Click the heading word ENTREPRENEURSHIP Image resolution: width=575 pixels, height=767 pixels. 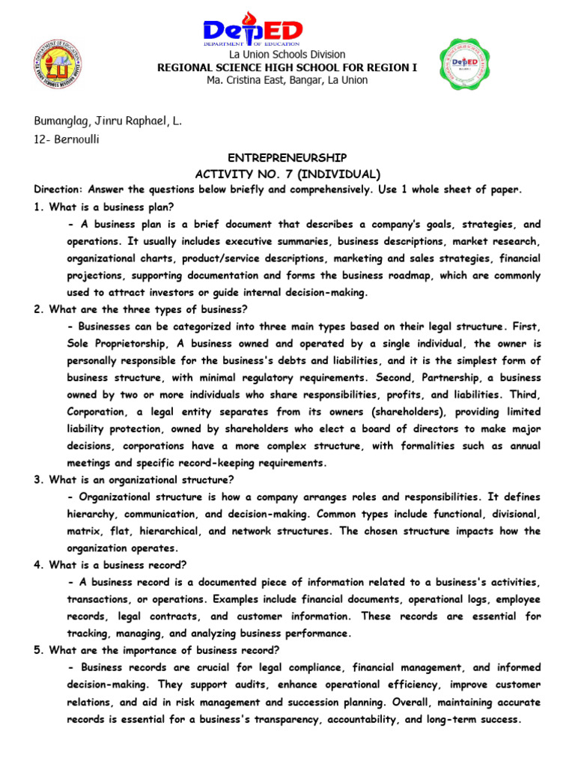[287, 158]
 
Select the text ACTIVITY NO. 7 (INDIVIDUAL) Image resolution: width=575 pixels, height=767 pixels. [287, 174]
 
